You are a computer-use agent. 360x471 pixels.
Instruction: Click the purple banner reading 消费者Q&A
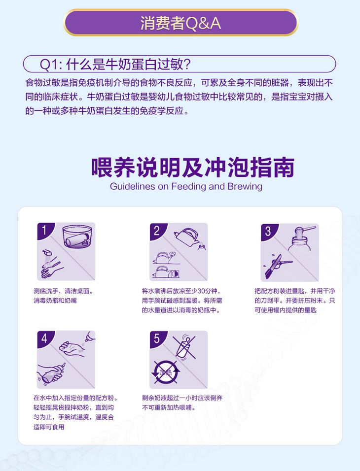coord(180,23)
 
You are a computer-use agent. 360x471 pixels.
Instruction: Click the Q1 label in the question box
coord(50,64)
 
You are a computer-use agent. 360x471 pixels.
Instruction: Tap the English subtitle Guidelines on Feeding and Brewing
coord(186,186)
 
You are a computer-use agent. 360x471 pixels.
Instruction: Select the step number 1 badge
coord(44,231)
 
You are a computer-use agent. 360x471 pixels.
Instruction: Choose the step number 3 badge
coord(268,231)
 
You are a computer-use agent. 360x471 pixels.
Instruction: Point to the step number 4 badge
coord(44,339)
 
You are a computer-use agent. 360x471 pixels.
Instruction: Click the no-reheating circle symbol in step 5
coord(165,372)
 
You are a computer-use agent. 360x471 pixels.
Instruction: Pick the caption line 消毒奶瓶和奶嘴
coord(55,301)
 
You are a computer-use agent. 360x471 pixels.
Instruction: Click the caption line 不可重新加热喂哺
coord(169,407)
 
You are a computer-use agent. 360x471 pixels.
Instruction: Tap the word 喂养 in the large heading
coord(113,168)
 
